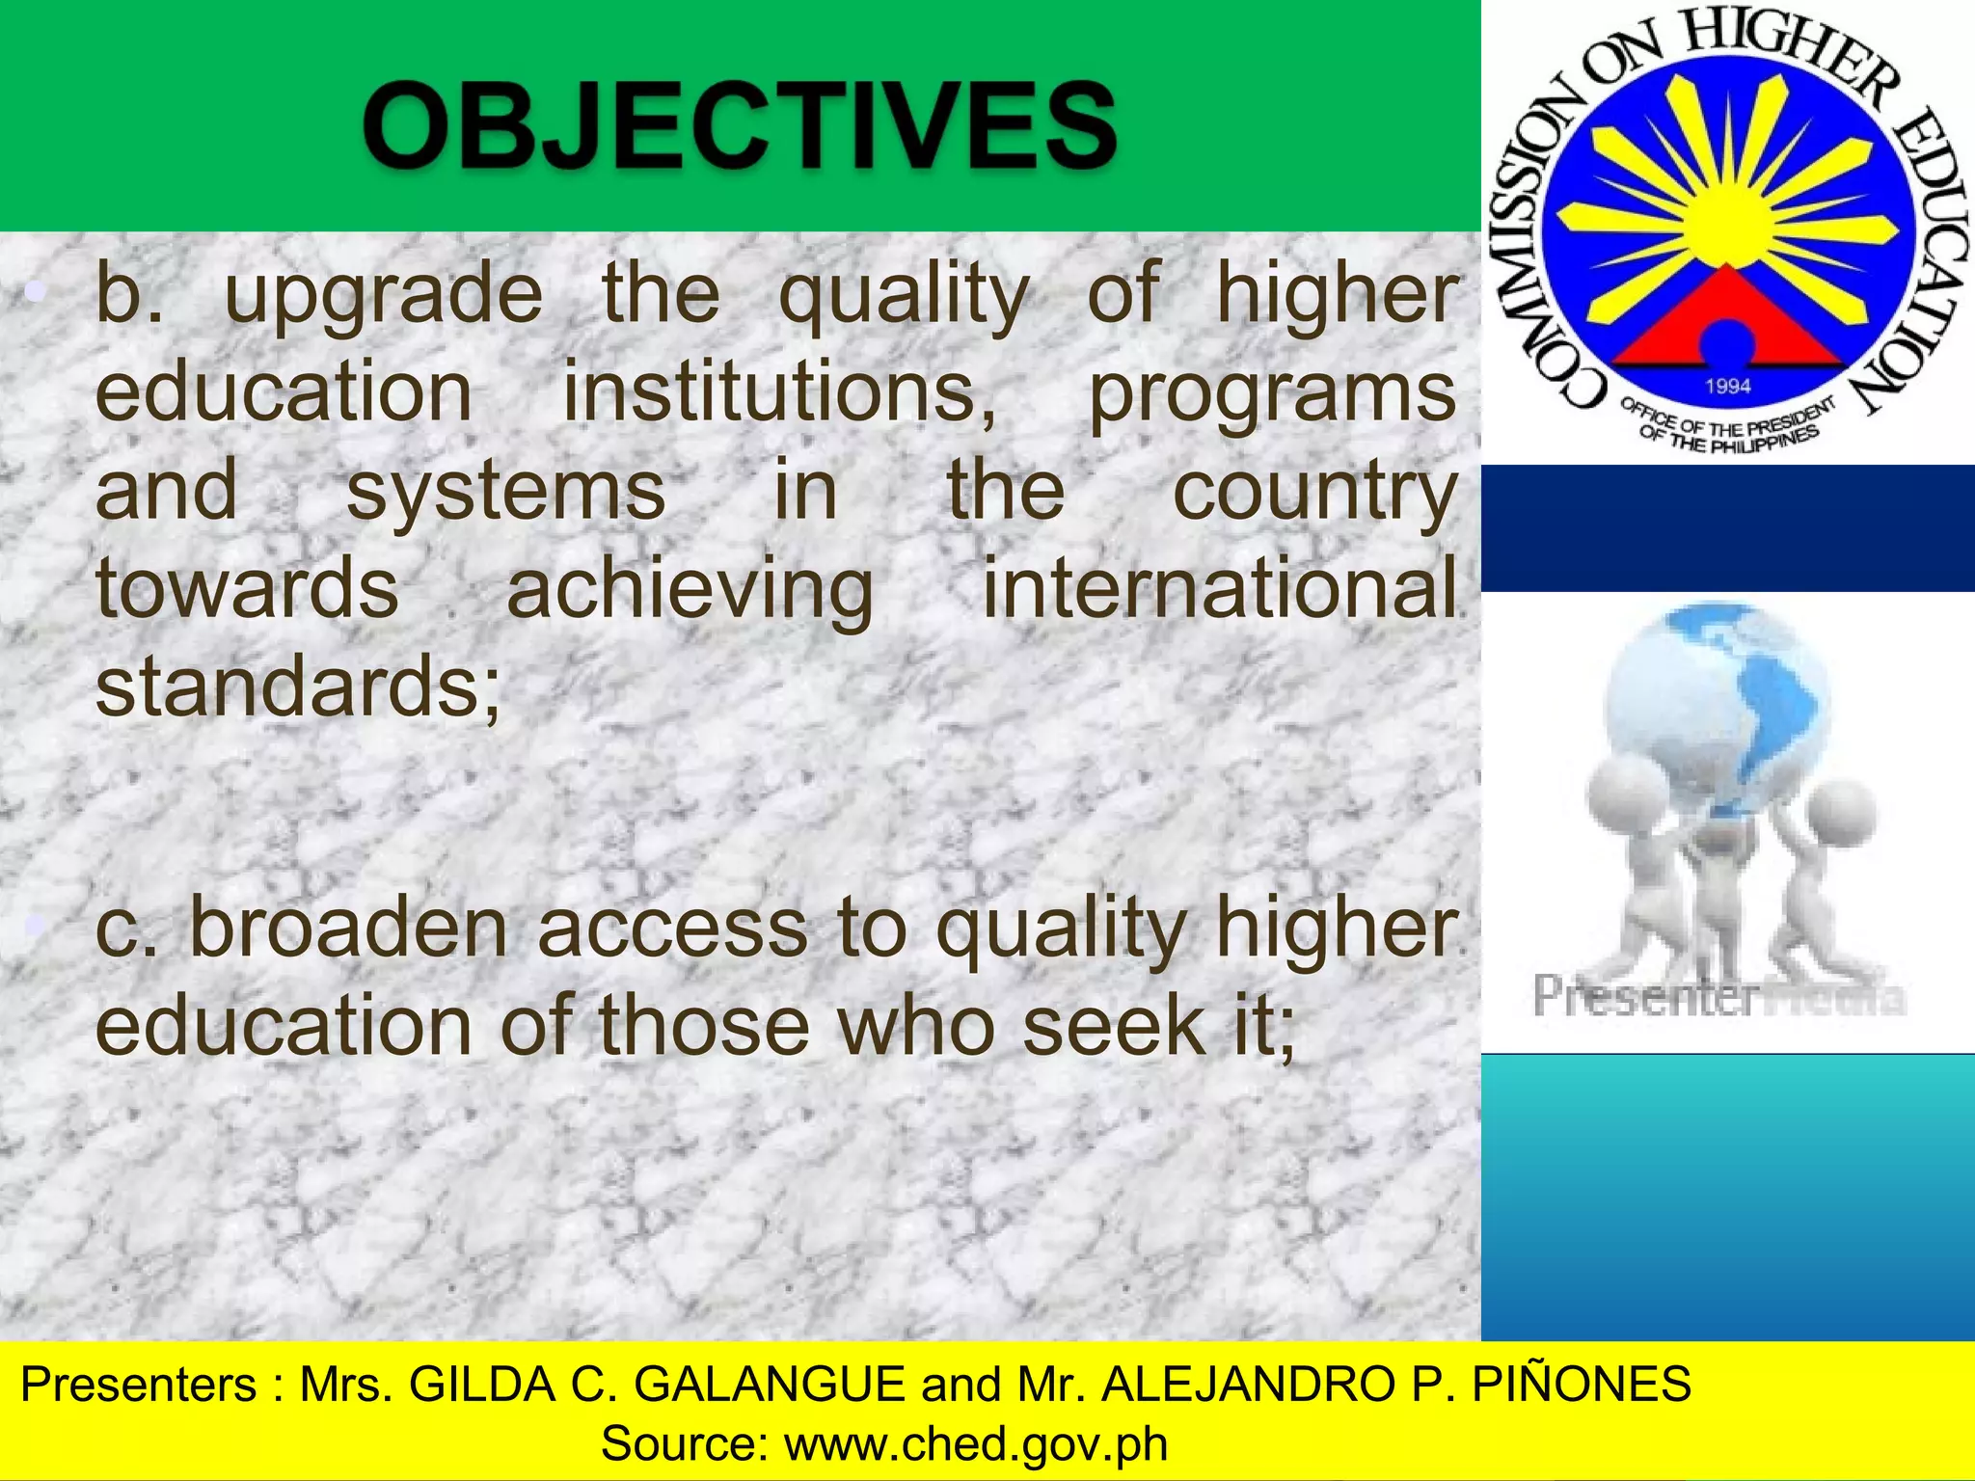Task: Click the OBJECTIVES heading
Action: click(740, 125)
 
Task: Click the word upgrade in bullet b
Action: click(384, 295)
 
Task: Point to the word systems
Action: click(505, 492)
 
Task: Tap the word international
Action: click(1219, 588)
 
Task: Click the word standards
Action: click(294, 687)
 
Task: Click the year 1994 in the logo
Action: click(1727, 387)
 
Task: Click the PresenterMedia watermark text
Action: click(1718, 996)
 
